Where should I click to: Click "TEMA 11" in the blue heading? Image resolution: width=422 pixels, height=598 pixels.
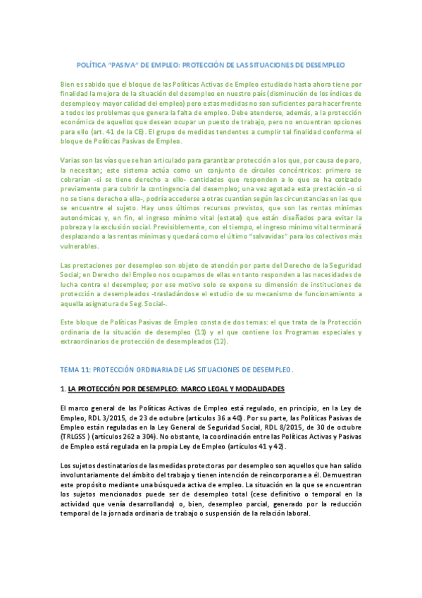[75, 369]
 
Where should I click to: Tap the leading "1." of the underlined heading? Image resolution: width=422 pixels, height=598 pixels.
[63, 389]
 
